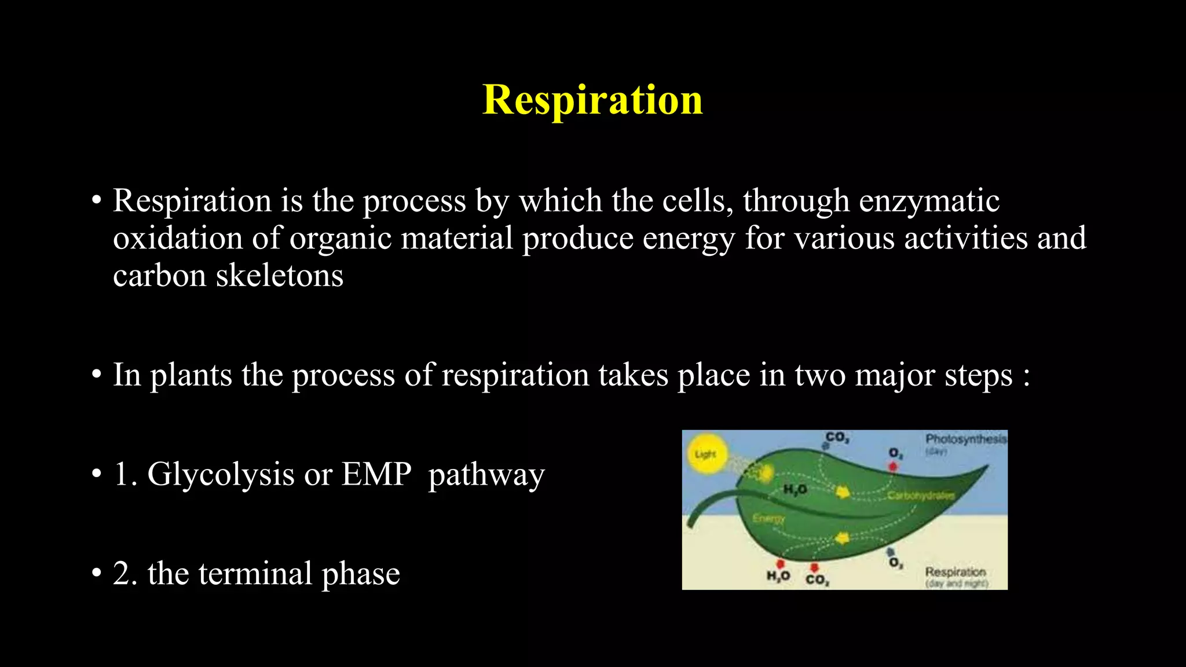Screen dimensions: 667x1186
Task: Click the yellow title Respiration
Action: pos(592,100)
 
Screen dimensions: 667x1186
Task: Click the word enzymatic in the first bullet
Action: pos(929,201)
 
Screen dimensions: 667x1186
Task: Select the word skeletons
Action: pos(279,276)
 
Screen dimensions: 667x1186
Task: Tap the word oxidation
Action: pos(177,239)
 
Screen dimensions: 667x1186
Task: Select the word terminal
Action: pos(255,574)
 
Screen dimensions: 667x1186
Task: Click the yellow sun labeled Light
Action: pos(705,455)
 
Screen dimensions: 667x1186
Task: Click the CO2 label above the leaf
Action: pos(837,437)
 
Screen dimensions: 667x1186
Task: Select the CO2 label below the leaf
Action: pos(817,580)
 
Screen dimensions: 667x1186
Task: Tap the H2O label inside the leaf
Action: pos(795,490)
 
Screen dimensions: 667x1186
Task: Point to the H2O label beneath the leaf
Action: pos(778,576)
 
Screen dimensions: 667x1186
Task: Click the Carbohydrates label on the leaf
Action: pos(920,496)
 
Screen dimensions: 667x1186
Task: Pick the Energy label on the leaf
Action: pos(768,518)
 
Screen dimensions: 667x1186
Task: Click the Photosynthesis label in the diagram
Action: pos(965,439)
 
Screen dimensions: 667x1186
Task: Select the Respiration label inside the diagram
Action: pos(955,572)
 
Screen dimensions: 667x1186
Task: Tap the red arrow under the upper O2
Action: pos(893,467)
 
